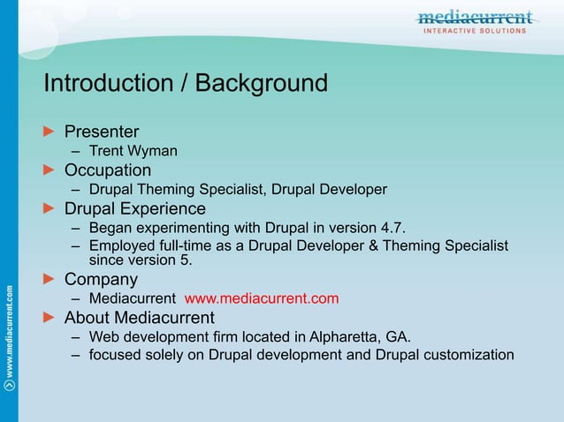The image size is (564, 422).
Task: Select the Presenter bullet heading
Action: click(x=102, y=132)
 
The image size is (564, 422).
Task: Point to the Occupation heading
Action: click(x=107, y=170)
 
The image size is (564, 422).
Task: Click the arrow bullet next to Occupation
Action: click(x=50, y=170)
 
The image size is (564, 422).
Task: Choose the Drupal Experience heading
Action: click(x=134, y=208)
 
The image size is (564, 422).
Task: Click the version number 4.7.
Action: click(x=392, y=228)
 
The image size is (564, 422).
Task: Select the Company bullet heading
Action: click(x=101, y=280)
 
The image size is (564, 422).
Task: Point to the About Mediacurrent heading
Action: click(x=139, y=317)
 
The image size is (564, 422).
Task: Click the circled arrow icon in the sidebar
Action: click(x=9, y=385)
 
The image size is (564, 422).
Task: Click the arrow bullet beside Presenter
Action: click(x=50, y=132)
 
